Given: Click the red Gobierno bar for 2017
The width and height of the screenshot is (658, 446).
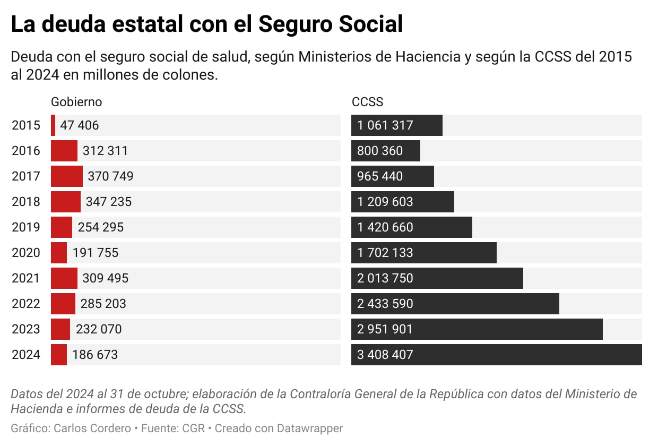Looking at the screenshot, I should pyautogui.click(x=67, y=176).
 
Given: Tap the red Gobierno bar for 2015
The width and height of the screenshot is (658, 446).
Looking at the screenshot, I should pyautogui.click(x=53, y=125).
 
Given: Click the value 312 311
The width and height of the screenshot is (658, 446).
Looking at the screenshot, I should pyautogui.click(x=105, y=151).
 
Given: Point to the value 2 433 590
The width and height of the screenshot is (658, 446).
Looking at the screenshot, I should pyautogui.click(x=385, y=304).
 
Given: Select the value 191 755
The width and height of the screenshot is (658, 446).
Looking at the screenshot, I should pyautogui.click(x=96, y=253).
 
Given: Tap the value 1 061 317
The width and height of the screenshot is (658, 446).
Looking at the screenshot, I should pyautogui.click(x=385, y=125).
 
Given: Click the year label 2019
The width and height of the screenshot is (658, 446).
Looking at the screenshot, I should pyautogui.click(x=25, y=227).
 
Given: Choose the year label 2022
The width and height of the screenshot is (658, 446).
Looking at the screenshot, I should pyautogui.click(x=25, y=304).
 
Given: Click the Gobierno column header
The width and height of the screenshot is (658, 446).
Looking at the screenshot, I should pyautogui.click(x=76, y=102).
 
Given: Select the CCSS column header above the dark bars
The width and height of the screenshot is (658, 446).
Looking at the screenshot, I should pyautogui.click(x=367, y=102).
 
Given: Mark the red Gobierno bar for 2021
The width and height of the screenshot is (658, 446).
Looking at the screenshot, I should pyautogui.click(x=64, y=278).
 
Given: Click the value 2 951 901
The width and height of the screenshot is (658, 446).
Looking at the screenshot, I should pyautogui.click(x=385, y=329).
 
